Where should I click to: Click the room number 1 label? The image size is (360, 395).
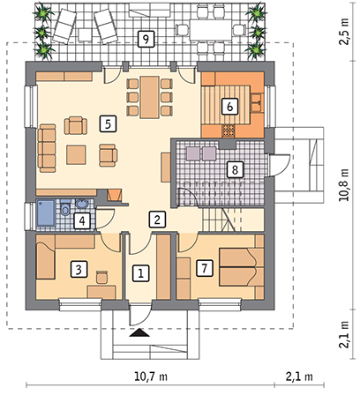[x=140, y=274]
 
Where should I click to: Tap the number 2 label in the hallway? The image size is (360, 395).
[x=157, y=220]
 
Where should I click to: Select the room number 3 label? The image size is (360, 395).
[x=79, y=269]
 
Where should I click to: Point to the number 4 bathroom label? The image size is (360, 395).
[x=82, y=220]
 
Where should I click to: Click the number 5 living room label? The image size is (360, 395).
[x=108, y=123]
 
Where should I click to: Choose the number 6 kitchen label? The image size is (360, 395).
[x=229, y=106]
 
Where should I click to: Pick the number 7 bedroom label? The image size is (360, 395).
[x=205, y=268]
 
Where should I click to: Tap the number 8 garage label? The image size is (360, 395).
[x=235, y=169]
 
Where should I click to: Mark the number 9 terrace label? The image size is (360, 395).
[x=146, y=39]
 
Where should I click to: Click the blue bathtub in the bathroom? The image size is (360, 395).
[x=46, y=212]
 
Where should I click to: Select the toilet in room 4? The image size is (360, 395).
[x=65, y=208]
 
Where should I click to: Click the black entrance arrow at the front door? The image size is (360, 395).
[x=140, y=332]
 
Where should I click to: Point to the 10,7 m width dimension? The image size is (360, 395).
[x=151, y=376]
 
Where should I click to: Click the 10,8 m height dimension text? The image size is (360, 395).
[x=344, y=185]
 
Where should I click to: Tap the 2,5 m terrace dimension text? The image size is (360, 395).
[x=344, y=32]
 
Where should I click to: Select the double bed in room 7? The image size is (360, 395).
[x=241, y=267]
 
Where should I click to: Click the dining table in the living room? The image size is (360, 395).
[x=150, y=97]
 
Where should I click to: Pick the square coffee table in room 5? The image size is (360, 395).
[x=76, y=154]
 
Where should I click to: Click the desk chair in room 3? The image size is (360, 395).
[x=101, y=277]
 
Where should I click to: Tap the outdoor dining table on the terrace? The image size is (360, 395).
[x=210, y=29]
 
